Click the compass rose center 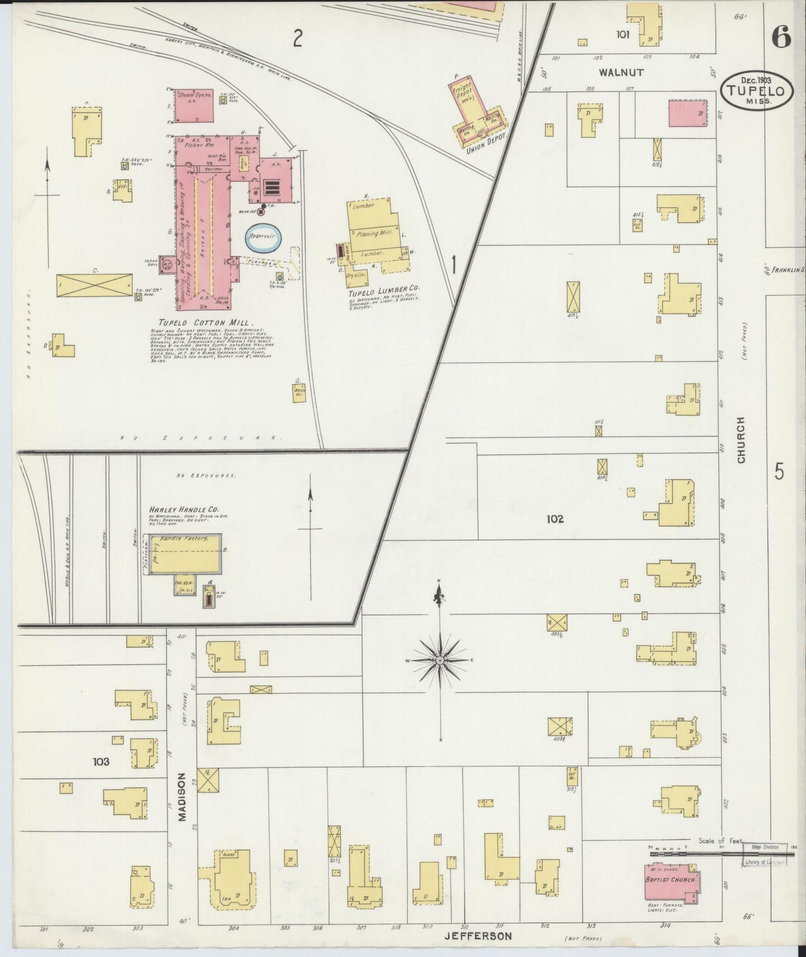[440, 661]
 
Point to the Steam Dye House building [192, 105]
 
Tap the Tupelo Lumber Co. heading [383, 290]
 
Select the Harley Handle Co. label [184, 509]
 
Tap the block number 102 [555, 519]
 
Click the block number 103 [102, 761]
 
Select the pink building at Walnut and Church [687, 114]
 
